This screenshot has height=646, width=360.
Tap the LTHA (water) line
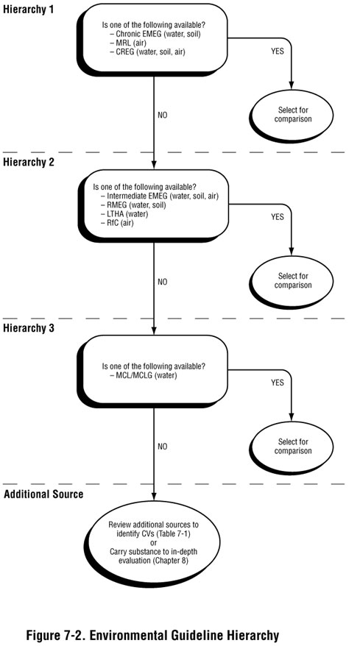pos(133,214)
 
